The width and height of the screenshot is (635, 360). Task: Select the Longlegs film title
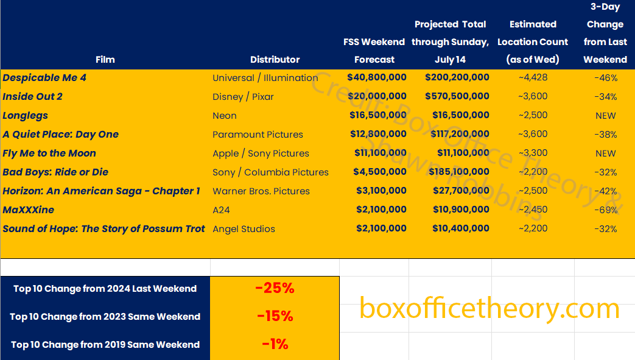[x=25, y=115]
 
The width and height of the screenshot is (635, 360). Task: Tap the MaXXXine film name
[x=28, y=210]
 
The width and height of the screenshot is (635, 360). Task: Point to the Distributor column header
[x=275, y=60]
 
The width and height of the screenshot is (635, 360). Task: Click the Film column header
[x=105, y=60]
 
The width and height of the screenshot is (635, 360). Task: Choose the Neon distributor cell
[x=225, y=116]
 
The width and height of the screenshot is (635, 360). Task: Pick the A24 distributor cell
[x=220, y=210]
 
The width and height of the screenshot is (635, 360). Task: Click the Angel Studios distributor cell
[x=244, y=229]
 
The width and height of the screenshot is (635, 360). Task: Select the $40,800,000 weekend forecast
[x=376, y=77]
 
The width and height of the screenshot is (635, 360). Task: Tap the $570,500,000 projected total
[x=457, y=96]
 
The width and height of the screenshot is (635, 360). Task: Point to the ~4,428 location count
[x=532, y=78]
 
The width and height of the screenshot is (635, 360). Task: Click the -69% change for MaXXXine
[x=605, y=210]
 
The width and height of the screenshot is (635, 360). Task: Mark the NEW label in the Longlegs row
[x=606, y=116]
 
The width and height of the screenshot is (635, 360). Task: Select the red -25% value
[x=275, y=289]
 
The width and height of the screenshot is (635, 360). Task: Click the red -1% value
[x=275, y=344]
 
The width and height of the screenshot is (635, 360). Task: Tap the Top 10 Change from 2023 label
[x=105, y=317]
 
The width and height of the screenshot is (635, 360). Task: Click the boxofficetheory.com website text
[x=489, y=308]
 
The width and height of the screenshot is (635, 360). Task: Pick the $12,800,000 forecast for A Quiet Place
[x=376, y=134]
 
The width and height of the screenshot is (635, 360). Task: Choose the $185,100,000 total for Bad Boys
[x=457, y=172]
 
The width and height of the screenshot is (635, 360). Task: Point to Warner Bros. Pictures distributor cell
[x=261, y=191]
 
